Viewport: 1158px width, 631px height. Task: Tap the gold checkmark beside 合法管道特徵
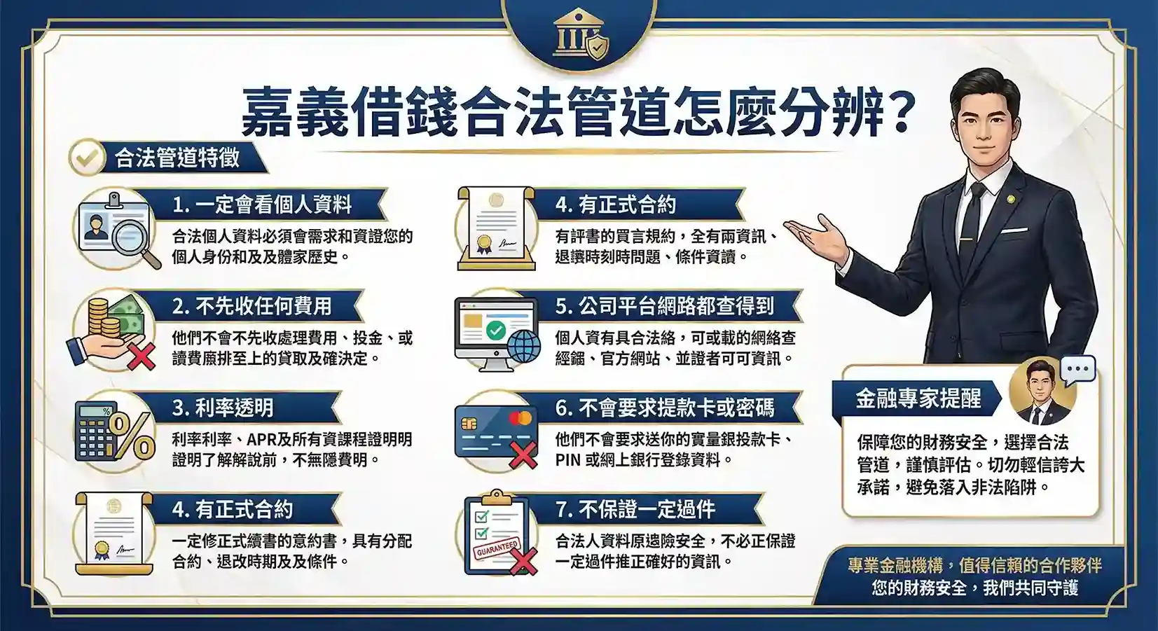pyautogui.click(x=87, y=157)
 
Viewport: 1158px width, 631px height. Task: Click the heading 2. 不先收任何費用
pyautogui.click(x=251, y=306)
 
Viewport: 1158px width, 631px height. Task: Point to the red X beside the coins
pyautogui.click(x=140, y=357)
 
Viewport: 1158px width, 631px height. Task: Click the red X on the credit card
pyautogui.click(x=522, y=455)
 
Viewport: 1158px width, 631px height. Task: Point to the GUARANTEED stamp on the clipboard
pyautogui.click(x=497, y=548)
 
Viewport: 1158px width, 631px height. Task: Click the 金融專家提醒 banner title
pyautogui.click(x=918, y=398)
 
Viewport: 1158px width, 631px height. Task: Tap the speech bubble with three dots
pyautogui.click(x=1077, y=369)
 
